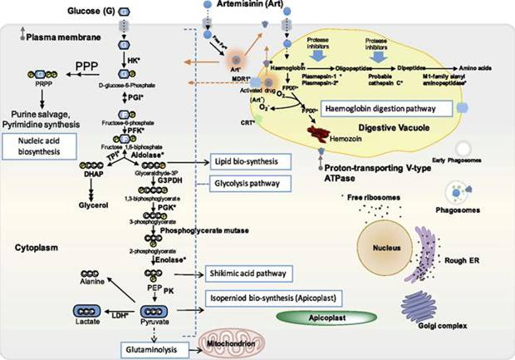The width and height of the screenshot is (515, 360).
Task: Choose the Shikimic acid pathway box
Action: coord(248,272)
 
